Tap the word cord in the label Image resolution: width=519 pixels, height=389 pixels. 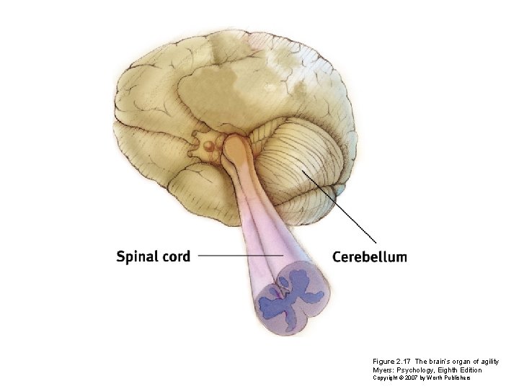[x=175, y=256]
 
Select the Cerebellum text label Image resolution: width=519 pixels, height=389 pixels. [x=369, y=256]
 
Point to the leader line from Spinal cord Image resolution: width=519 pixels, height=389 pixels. [x=238, y=255]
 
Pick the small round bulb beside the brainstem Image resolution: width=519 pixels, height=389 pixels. [x=209, y=146]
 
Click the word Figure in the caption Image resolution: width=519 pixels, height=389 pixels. [x=383, y=361]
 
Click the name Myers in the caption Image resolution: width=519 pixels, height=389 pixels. [x=383, y=370]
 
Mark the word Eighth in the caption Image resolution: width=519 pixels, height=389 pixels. [x=451, y=370]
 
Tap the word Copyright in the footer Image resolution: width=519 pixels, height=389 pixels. [x=384, y=377]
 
